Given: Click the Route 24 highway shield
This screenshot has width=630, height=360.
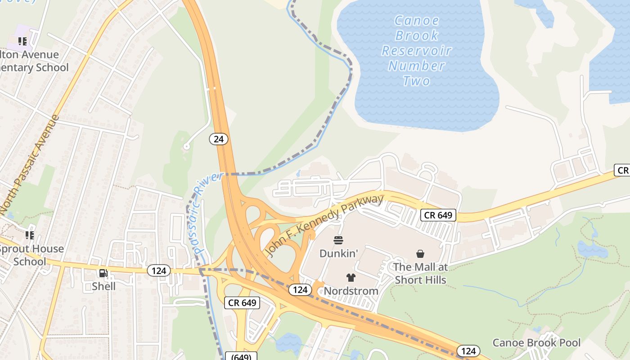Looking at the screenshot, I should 219,139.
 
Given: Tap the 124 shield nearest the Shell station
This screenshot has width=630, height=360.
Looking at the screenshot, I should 159,270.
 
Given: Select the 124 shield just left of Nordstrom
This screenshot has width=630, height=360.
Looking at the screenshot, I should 300,290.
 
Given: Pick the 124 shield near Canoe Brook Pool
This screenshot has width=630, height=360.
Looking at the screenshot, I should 468,351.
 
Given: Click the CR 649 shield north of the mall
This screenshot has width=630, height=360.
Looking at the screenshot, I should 438,215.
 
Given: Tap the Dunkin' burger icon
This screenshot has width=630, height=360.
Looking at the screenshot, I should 338,240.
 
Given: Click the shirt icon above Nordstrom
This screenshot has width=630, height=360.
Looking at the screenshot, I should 351,278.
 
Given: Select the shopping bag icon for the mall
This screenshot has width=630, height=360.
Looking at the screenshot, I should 420,254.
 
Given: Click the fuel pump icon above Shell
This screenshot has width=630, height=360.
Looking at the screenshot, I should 103,273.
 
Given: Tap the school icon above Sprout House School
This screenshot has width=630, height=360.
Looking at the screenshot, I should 30,235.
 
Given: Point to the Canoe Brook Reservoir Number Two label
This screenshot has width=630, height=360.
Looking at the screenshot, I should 417,50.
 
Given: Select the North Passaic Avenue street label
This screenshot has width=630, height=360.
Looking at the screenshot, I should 30,165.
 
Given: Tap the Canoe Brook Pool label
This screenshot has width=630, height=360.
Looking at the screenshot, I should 536,343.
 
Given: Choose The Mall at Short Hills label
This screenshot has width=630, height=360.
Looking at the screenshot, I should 420,273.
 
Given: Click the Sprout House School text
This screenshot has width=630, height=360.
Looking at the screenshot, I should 31,255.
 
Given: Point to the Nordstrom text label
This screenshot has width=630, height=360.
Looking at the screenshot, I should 351,291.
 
